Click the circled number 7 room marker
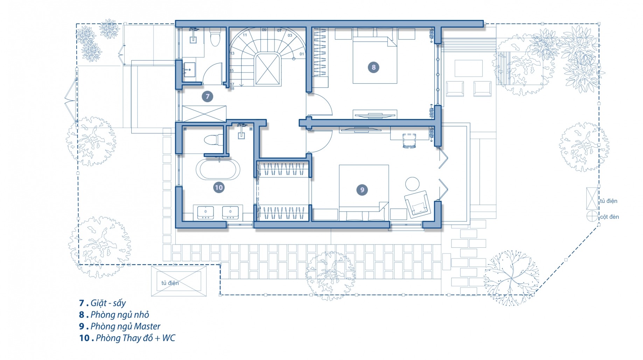coord(208,97)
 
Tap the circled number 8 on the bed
coord(373,67)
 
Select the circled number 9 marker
coord(362,190)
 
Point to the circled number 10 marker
coord(219,188)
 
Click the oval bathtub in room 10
coord(218,169)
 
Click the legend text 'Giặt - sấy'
coord(108,303)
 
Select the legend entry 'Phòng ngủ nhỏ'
coord(120,315)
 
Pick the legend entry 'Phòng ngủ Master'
coord(125,326)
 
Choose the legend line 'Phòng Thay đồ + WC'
coord(135,338)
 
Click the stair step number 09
coord(264,30)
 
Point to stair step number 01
coord(302,54)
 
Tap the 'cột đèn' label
coord(609,217)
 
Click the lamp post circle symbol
coord(592,216)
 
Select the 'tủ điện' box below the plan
coord(179,281)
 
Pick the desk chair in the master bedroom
coord(409,141)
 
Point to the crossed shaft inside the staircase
coord(268,69)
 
